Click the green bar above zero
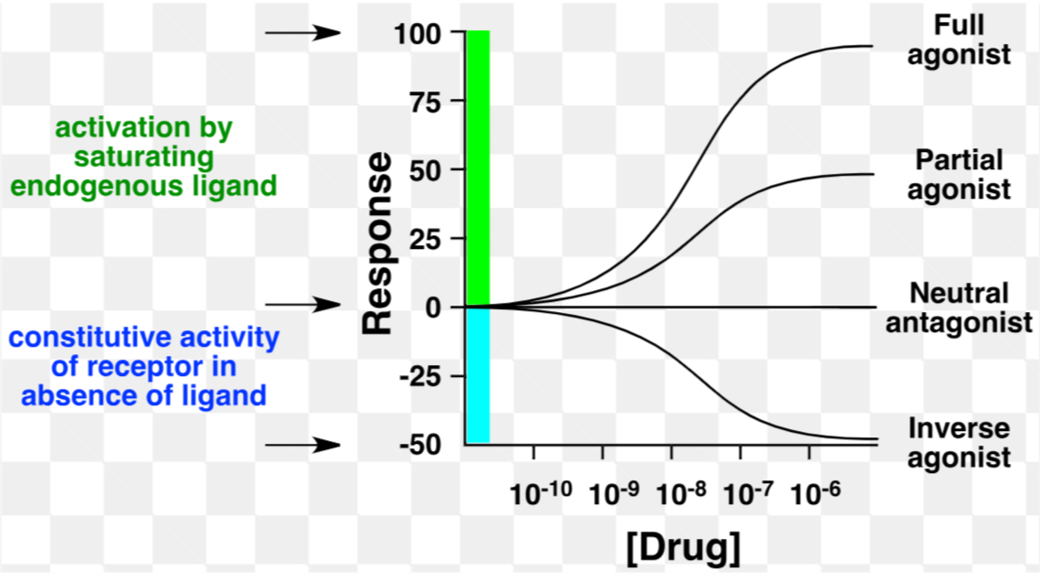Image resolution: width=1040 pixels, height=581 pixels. [478, 169]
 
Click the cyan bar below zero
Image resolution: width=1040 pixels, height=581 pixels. [478, 375]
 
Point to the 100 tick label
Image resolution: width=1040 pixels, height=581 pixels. [418, 34]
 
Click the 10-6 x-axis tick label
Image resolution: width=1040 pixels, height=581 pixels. [817, 493]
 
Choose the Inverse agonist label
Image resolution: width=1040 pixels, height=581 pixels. [960, 443]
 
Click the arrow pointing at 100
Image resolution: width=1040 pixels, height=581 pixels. [303, 34]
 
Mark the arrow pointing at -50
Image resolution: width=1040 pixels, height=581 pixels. [303, 446]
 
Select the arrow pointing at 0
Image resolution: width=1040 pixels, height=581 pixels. [303, 305]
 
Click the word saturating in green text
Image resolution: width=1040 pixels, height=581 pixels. [144, 156]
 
